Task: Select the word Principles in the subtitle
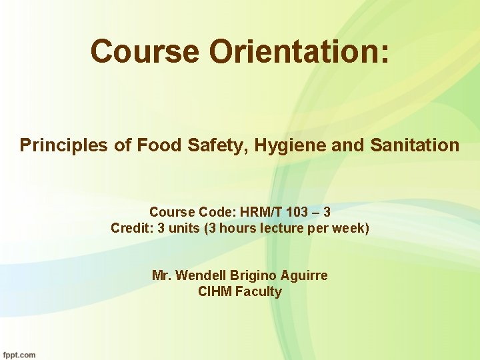pos(63,145)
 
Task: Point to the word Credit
pos(129,228)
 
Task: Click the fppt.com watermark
pos(19,355)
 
